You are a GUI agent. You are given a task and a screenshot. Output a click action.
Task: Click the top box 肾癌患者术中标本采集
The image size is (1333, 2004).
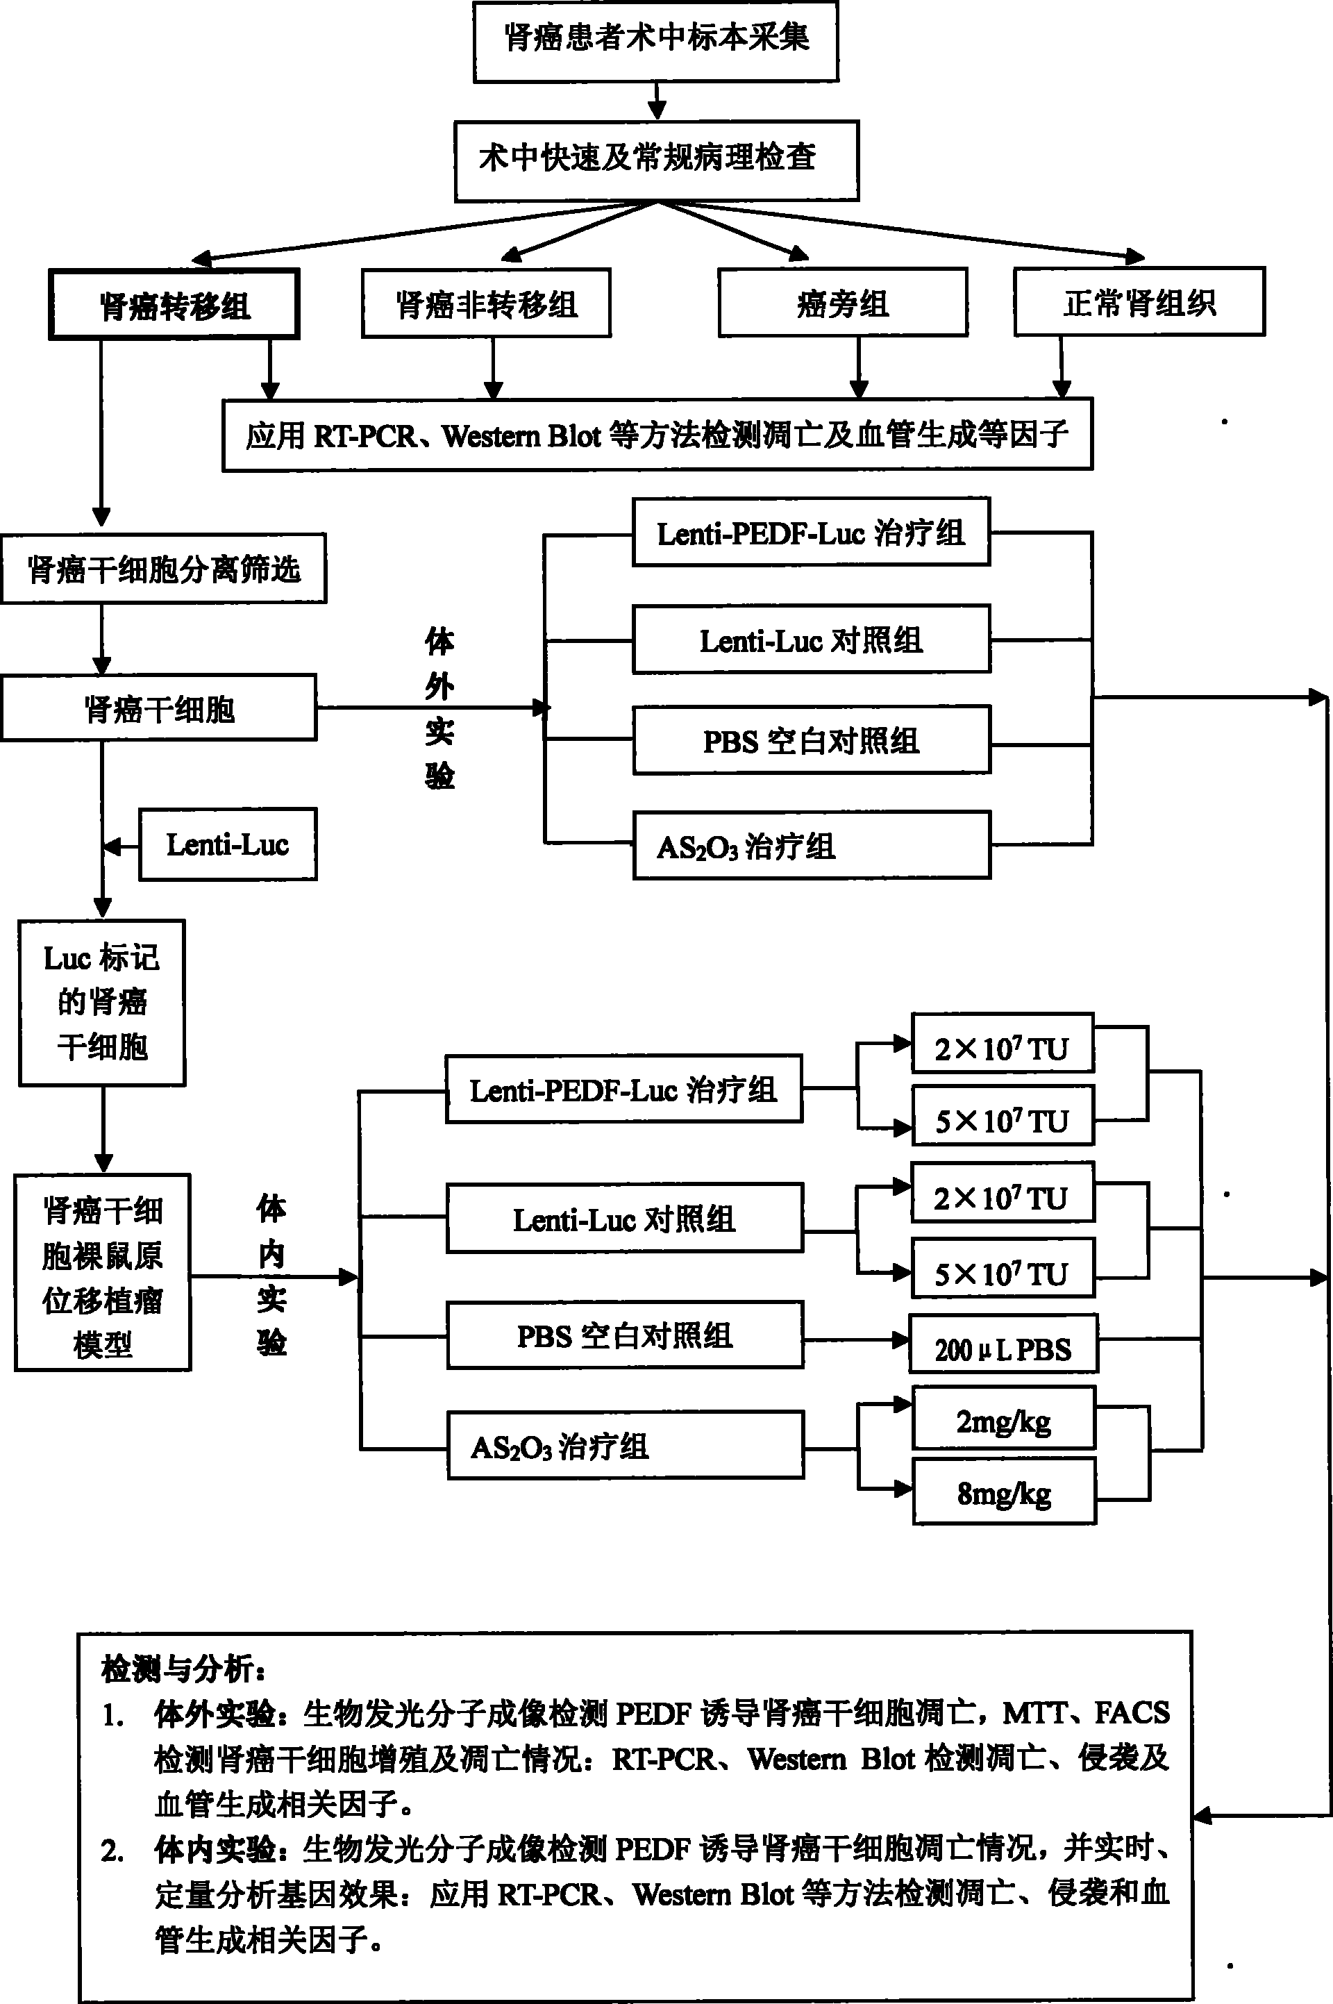[655, 41]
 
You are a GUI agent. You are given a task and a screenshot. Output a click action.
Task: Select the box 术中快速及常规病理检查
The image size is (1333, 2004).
[656, 160]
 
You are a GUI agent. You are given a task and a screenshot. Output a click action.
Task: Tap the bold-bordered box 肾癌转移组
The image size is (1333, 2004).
[174, 304]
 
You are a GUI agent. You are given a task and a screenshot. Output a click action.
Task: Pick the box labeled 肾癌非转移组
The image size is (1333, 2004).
[486, 303]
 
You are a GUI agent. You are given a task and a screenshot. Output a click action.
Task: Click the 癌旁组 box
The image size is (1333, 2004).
[842, 303]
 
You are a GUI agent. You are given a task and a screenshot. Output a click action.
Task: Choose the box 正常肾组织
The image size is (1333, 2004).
[1139, 302]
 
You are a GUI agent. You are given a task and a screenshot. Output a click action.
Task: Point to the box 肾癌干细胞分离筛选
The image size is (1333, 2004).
[163, 569]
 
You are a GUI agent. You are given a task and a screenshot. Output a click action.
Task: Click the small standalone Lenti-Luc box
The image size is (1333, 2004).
[228, 844]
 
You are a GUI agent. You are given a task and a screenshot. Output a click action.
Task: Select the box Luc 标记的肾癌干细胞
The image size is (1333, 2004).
[102, 1003]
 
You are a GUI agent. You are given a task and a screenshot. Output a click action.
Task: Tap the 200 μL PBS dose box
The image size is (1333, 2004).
[1003, 1344]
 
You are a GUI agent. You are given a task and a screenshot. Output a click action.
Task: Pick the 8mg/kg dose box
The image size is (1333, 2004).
[1004, 1492]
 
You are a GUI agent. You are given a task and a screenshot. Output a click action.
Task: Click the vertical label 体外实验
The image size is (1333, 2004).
[439, 708]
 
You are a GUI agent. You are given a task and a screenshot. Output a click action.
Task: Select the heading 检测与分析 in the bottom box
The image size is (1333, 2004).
[183, 1670]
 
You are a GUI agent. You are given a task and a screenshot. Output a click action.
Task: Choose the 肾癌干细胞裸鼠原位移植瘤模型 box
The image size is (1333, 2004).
[103, 1273]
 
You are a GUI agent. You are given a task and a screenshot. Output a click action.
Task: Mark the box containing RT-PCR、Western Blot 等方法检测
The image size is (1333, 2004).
[657, 435]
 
